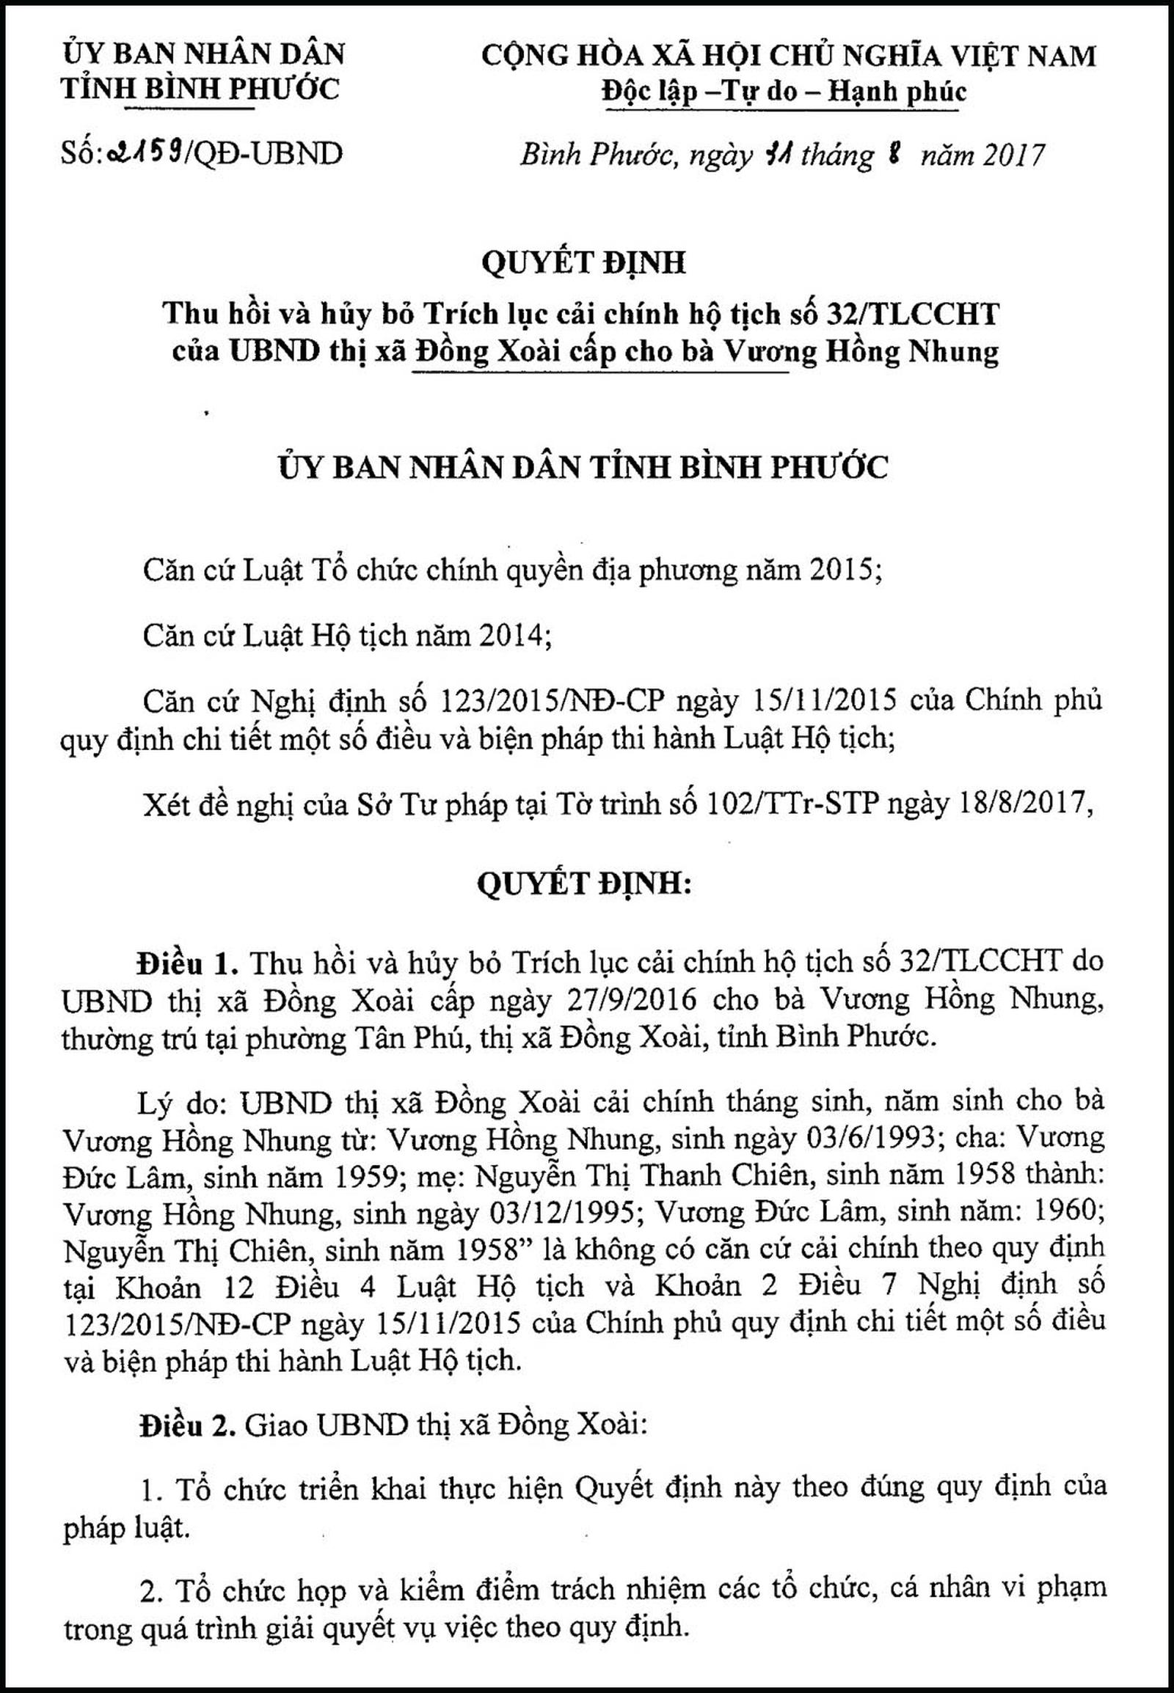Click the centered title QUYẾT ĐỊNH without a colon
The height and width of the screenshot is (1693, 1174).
coord(583,262)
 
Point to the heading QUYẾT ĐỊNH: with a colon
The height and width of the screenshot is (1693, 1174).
coord(585,884)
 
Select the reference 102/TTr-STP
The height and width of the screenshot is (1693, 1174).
coord(792,805)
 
